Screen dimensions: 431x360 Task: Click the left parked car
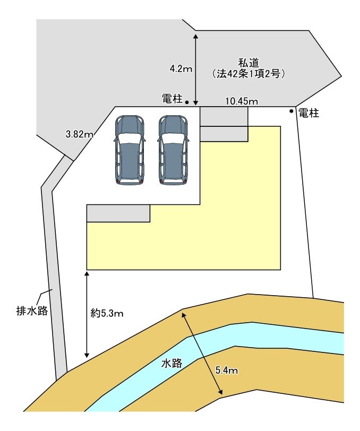click(x=130, y=150)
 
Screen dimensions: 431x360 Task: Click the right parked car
click(x=173, y=150)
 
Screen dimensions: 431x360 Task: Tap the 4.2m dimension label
click(x=181, y=68)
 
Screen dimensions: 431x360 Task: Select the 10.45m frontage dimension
click(x=242, y=101)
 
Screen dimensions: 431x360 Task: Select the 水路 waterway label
click(x=172, y=364)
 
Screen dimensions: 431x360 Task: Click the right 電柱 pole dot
click(x=291, y=111)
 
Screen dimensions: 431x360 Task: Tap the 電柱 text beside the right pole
click(x=308, y=113)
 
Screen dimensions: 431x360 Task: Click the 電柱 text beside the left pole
click(x=172, y=99)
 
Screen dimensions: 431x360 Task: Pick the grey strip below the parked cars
click(x=118, y=213)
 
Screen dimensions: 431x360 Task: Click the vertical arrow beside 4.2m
click(x=196, y=69)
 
